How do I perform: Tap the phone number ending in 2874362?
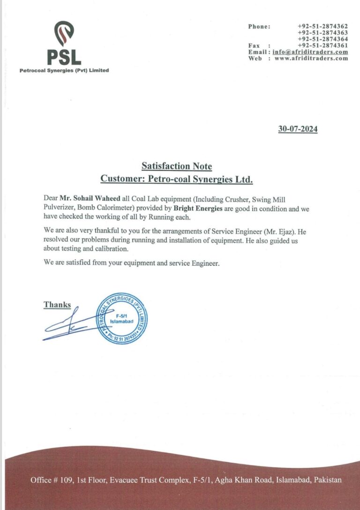(x=322, y=27)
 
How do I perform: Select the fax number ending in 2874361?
(x=322, y=45)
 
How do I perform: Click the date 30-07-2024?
(x=298, y=129)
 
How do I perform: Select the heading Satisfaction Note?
(x=177, y=166)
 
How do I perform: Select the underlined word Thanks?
(x=57, y=305)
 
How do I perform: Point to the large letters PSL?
(x=64, y=57)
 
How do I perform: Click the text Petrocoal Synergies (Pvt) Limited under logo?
(x=64, y=71)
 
